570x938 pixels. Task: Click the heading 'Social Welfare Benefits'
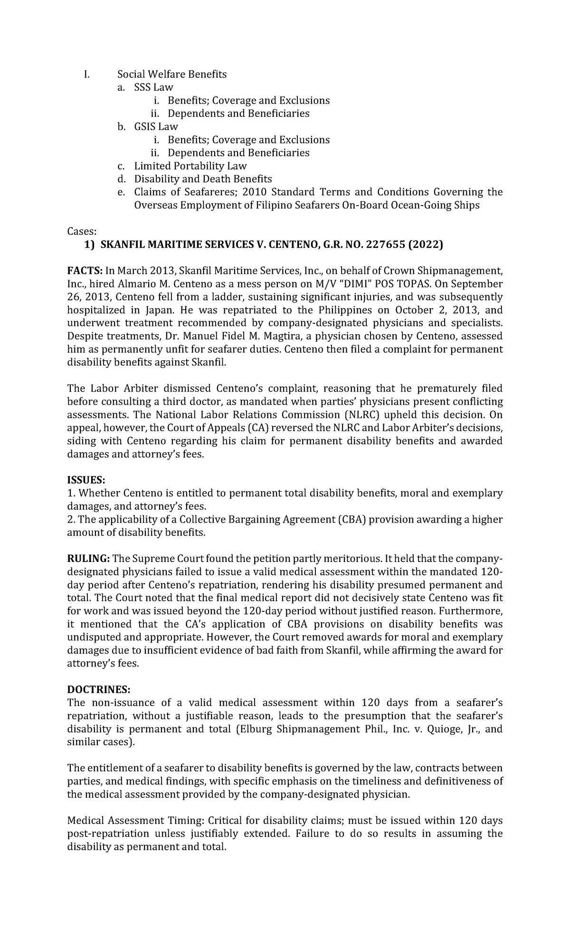click(x=172, y=74)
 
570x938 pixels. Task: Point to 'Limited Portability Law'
click(x=190, y=166)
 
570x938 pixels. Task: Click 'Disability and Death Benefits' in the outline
click(x=203, y=179)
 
